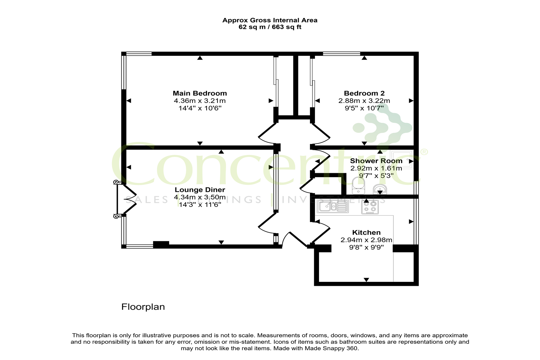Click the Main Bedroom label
pyautogui.click(x=200, y=93)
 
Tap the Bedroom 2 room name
pyautogui.click(x=364, y=93)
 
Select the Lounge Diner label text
pyautogui.click(x=200, y=190)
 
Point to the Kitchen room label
pyautogui.click(x=366, y=233)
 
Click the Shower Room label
pyautogui.click(x=376, y=161)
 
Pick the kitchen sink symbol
pyautogui.click(x=333, y=206)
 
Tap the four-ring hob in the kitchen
pyautogui.click(x=370, y=207)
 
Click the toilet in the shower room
pyautogui.click(x=359, y=186)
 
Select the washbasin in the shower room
pyautogui.click(x=380, y=189)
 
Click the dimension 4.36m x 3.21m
pyautogui.click(x=200, y=101)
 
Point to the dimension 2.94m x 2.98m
pyautogui.click(x=366, y=240)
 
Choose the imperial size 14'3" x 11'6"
pyautogui.click(x=200, y=205)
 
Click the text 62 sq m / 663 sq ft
pyautogui.click(x=270, y=27)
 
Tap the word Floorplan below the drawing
pyautogui.click(x=143, y=307)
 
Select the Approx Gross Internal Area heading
pyautogui.click(x=270, y=20)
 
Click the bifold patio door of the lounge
pyautogui.click(x=127, y=199)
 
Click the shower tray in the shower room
pyautogui.click(x=402, y=159)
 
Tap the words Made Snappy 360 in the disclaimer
pyautogui.click(x=332, y=348)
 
